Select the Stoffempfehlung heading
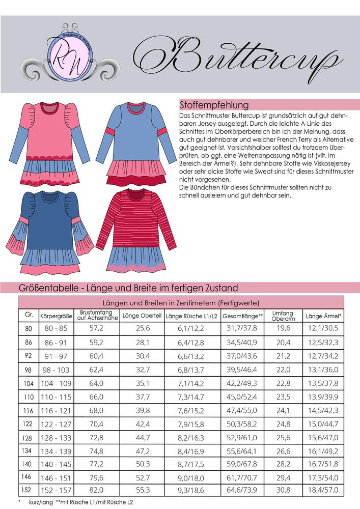coord(214,105)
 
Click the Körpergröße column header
coord(56,316)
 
